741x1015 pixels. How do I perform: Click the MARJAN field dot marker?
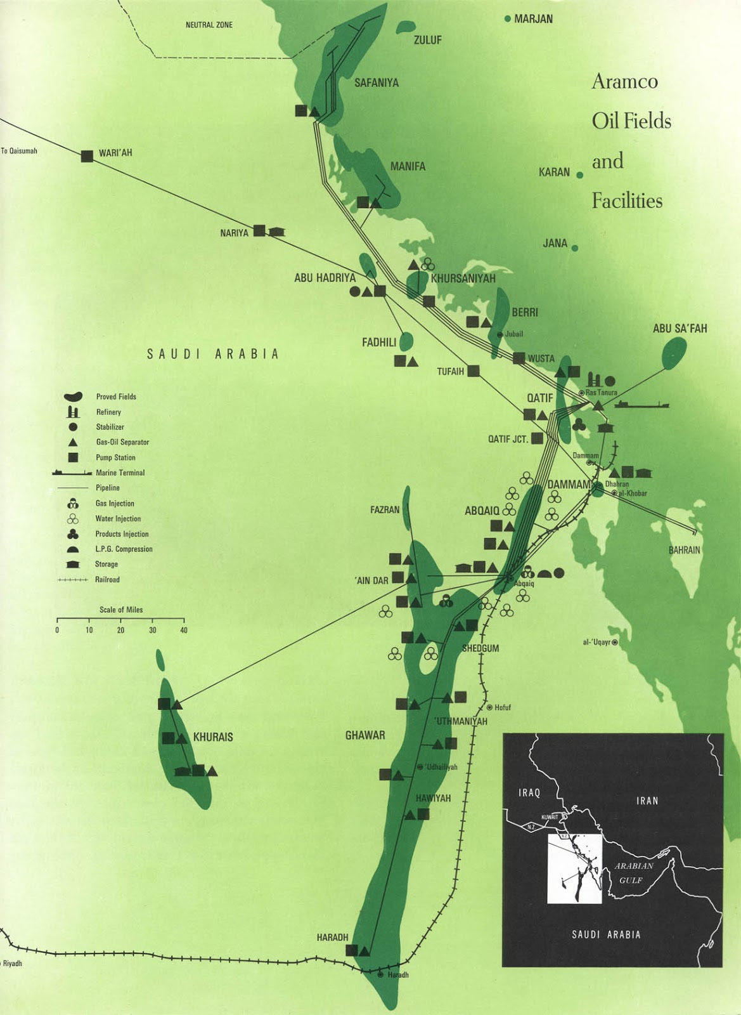click(x=507, y=19)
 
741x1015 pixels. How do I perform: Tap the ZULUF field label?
click(x=427, y=40)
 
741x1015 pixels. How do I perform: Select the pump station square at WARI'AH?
click(x=87, y=156)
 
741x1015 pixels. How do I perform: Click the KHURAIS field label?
click(x=213, y=737)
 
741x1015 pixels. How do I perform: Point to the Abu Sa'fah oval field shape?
click(x=674, y=353)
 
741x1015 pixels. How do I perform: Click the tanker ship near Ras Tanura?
click(x=641, y=404)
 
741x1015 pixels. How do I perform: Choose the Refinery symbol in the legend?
click(x=73, y=412)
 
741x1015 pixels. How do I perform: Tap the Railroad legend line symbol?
click(x=72, y=580)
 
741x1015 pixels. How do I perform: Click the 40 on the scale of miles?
click(x=184, y=630)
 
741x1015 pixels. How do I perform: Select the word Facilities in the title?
click(x=627, y=201)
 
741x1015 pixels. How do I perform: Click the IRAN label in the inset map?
click(x=647, y=801)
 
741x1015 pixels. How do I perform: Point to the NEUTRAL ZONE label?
click(x=209, y=25)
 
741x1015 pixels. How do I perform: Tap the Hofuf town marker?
click(x=489, y=707)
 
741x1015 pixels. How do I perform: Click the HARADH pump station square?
click(x=351, y=950)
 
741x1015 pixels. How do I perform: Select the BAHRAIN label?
click(x=685, y=550)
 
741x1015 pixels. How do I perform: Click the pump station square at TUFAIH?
click(x=474, y=371)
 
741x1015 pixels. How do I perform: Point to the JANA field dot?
click(x=575, y=248)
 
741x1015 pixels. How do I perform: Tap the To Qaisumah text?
click(x=19, y=151)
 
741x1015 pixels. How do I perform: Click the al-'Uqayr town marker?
click(x=615, y=643)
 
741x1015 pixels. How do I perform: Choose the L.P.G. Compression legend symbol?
click(x=73, y=549)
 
